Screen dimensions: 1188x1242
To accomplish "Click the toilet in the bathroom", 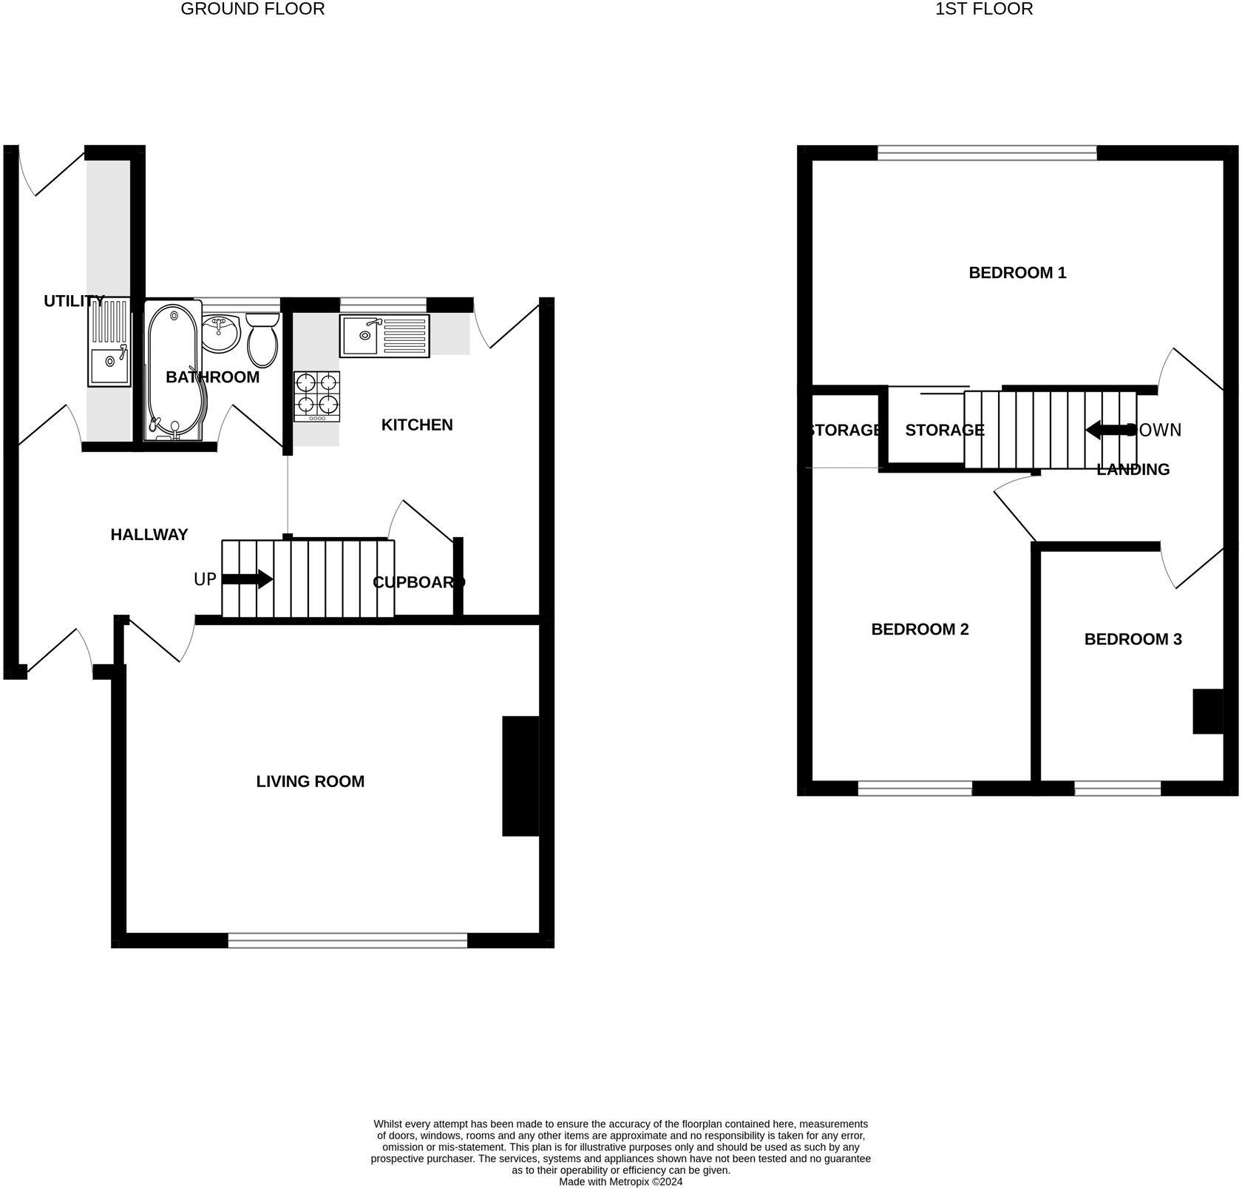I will coord(262,341).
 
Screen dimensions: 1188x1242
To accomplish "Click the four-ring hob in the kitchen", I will coord(317,395).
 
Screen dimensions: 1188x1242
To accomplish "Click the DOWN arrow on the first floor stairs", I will coord(1109,430).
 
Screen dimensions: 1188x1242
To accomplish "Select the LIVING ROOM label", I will coord(310,781).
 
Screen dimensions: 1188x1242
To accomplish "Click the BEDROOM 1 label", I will coord(1017,273).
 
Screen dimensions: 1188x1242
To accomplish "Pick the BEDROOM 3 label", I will coord(1133,639).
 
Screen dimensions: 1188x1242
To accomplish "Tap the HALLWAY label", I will coord(149,535).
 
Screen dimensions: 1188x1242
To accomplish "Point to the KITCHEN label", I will coord(417,425).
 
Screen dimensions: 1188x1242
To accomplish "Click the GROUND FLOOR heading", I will coord(253,10).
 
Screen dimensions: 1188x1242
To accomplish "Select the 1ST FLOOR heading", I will coord(983,10).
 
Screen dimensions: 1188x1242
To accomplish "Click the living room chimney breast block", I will coord(520,775).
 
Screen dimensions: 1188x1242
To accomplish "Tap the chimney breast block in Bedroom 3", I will coord(1208,711).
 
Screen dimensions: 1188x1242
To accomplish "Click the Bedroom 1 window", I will coord(987,152).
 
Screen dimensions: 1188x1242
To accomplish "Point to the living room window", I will coord(347,940).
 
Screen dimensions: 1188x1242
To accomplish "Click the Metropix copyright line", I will coord(620,1181).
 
